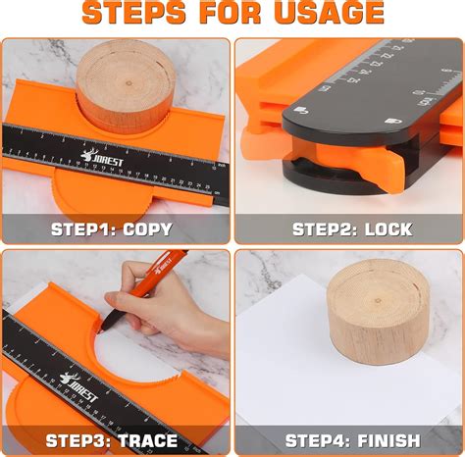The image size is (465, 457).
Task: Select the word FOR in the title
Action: point(228,14)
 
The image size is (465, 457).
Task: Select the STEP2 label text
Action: point(326,229)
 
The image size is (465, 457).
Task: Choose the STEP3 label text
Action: point(78,440)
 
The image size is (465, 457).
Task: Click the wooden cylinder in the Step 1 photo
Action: point(126,88)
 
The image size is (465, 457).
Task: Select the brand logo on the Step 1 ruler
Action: point(98,157)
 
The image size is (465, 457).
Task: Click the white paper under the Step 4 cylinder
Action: point(294,373)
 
